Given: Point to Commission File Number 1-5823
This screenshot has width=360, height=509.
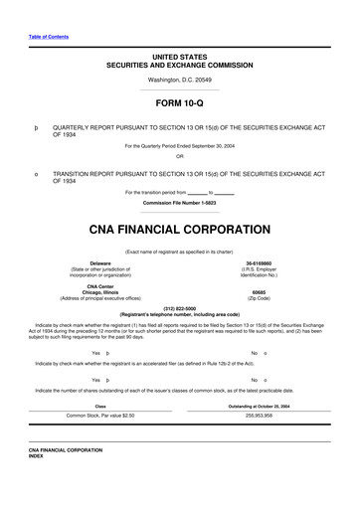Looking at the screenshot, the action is pos(179,203).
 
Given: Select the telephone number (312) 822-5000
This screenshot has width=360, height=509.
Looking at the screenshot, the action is pos(179,307).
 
